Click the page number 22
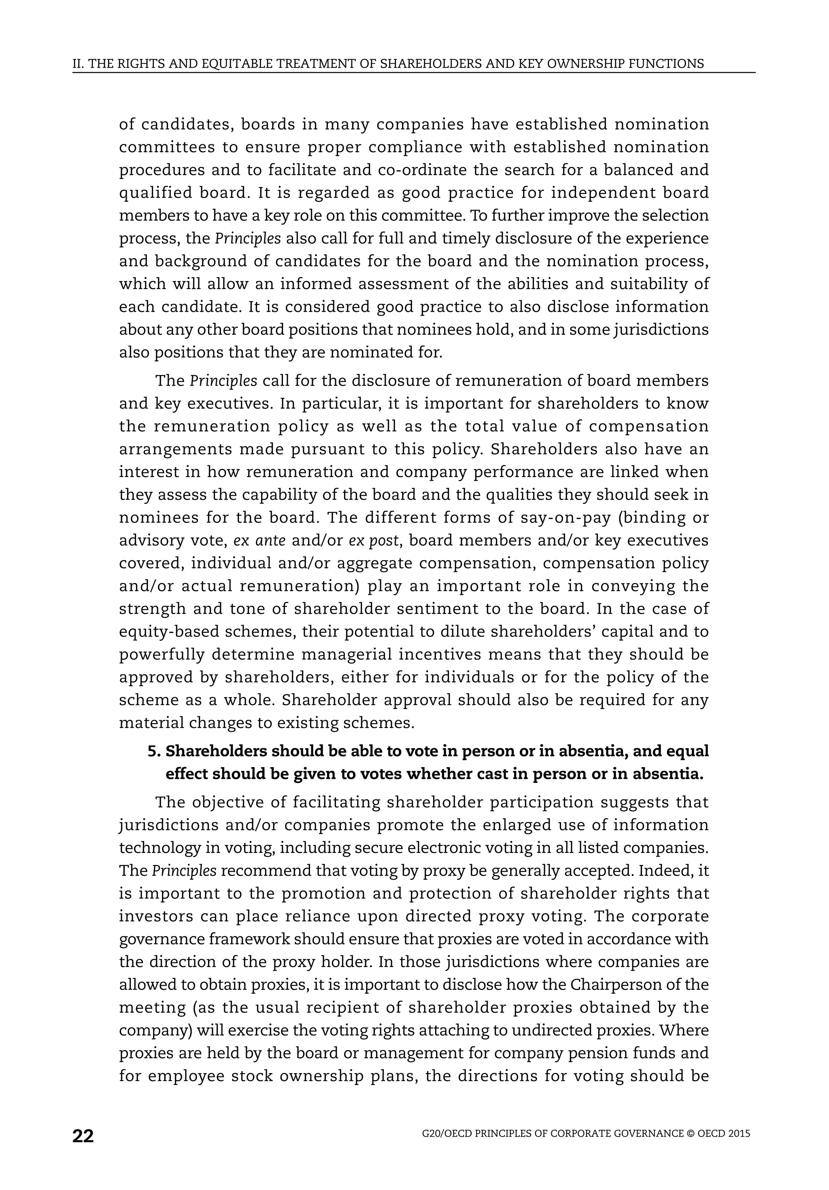(83, 1136)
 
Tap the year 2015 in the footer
(739, 1133)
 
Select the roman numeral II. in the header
(78, 64)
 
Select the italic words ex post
(373, 541)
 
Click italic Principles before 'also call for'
(248, 238)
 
